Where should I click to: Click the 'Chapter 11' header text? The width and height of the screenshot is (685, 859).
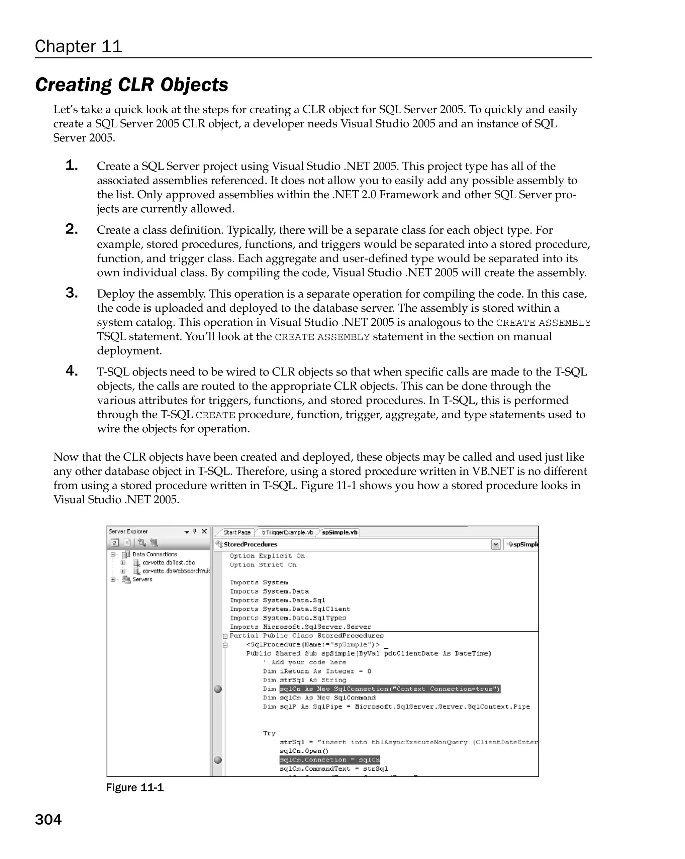(78, 46)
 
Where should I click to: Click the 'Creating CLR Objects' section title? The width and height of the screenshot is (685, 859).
(131, 85)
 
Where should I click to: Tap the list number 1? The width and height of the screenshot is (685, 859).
(72, 165)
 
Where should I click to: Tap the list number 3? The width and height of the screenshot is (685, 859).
(72, 293)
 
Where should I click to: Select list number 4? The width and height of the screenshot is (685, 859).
(72, 371)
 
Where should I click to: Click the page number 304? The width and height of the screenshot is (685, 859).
(48, 820)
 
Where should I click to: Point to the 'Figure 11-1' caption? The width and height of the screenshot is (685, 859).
(135, 788)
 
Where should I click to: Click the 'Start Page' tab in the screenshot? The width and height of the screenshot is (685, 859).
(237, 532)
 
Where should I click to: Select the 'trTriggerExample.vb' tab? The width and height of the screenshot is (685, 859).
(287, 532)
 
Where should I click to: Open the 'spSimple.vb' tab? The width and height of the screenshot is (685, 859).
(339, 532)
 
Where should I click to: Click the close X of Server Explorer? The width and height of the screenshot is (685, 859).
(204, 531)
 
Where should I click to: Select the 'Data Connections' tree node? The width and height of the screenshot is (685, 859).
(155, 554)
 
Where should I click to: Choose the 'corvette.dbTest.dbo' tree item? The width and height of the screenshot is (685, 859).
(169, 562)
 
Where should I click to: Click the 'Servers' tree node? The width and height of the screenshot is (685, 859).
(142, 579)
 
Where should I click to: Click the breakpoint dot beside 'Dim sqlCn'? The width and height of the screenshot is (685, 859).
(217, 689)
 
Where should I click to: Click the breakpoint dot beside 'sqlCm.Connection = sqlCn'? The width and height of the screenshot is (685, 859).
(217, 760)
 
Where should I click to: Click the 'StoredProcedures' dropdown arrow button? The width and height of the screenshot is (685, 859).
(496, 544)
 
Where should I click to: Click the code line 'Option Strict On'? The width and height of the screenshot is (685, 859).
(263, 565)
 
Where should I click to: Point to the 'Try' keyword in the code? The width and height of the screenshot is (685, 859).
(269, 733)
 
